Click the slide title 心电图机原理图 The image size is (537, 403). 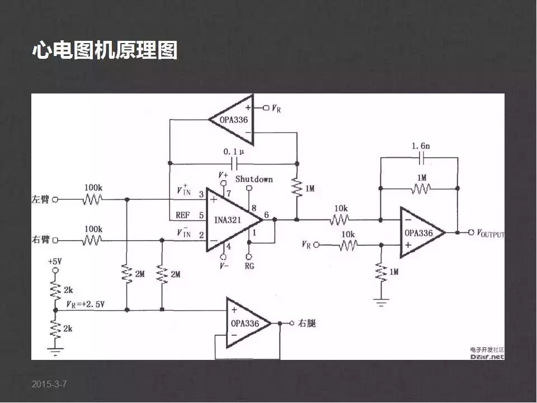105,50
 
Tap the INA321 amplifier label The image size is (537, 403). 227,220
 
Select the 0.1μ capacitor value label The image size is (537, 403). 233,152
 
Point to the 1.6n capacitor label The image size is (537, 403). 421,146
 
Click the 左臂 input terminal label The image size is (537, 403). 41,199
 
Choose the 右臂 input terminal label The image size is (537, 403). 41,240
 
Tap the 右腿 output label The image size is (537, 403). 307,323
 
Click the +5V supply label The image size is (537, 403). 55,261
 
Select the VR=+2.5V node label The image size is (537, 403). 85,304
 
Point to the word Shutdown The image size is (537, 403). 254,179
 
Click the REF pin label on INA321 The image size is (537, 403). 182,214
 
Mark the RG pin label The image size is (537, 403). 249,266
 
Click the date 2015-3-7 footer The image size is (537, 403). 49,384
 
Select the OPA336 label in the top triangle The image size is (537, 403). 233,119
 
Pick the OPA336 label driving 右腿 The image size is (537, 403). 245,324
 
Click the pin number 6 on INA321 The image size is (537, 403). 266,215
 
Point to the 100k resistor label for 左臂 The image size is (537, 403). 93,187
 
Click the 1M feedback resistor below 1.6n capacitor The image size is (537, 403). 420,189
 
